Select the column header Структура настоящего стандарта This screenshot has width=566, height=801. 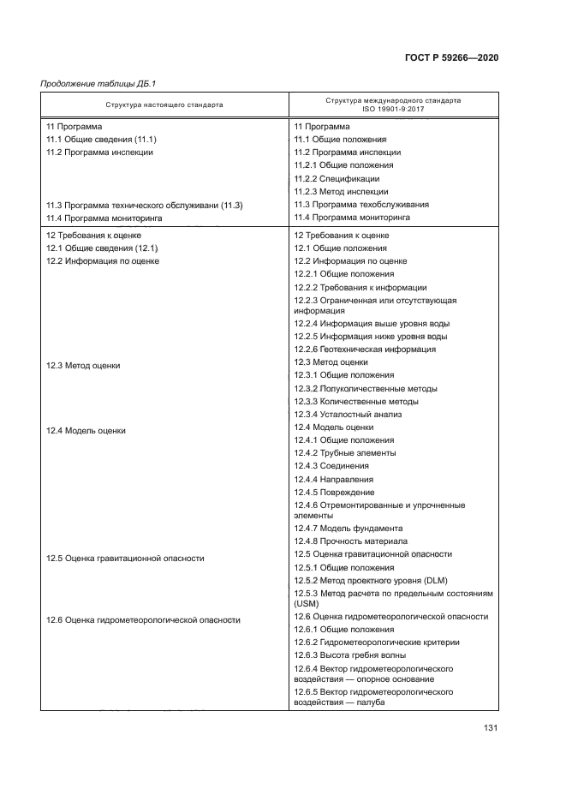pyautogui.click(x=164, y=105)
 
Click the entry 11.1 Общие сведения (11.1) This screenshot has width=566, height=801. pyautogui.click(x=101, y=139)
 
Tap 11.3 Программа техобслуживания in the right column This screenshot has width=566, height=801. pyautogui.click(x=361, y=205)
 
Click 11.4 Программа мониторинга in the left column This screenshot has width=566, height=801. pyautogui.click(x=104, y=218)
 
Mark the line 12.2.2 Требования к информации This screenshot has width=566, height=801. pyautogui.click(x=360, y=287)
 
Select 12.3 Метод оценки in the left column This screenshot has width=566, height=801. pyautogui.click(x=83, y=365)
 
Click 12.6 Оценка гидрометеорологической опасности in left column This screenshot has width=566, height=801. pyautogui.click(x=143, y=619)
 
